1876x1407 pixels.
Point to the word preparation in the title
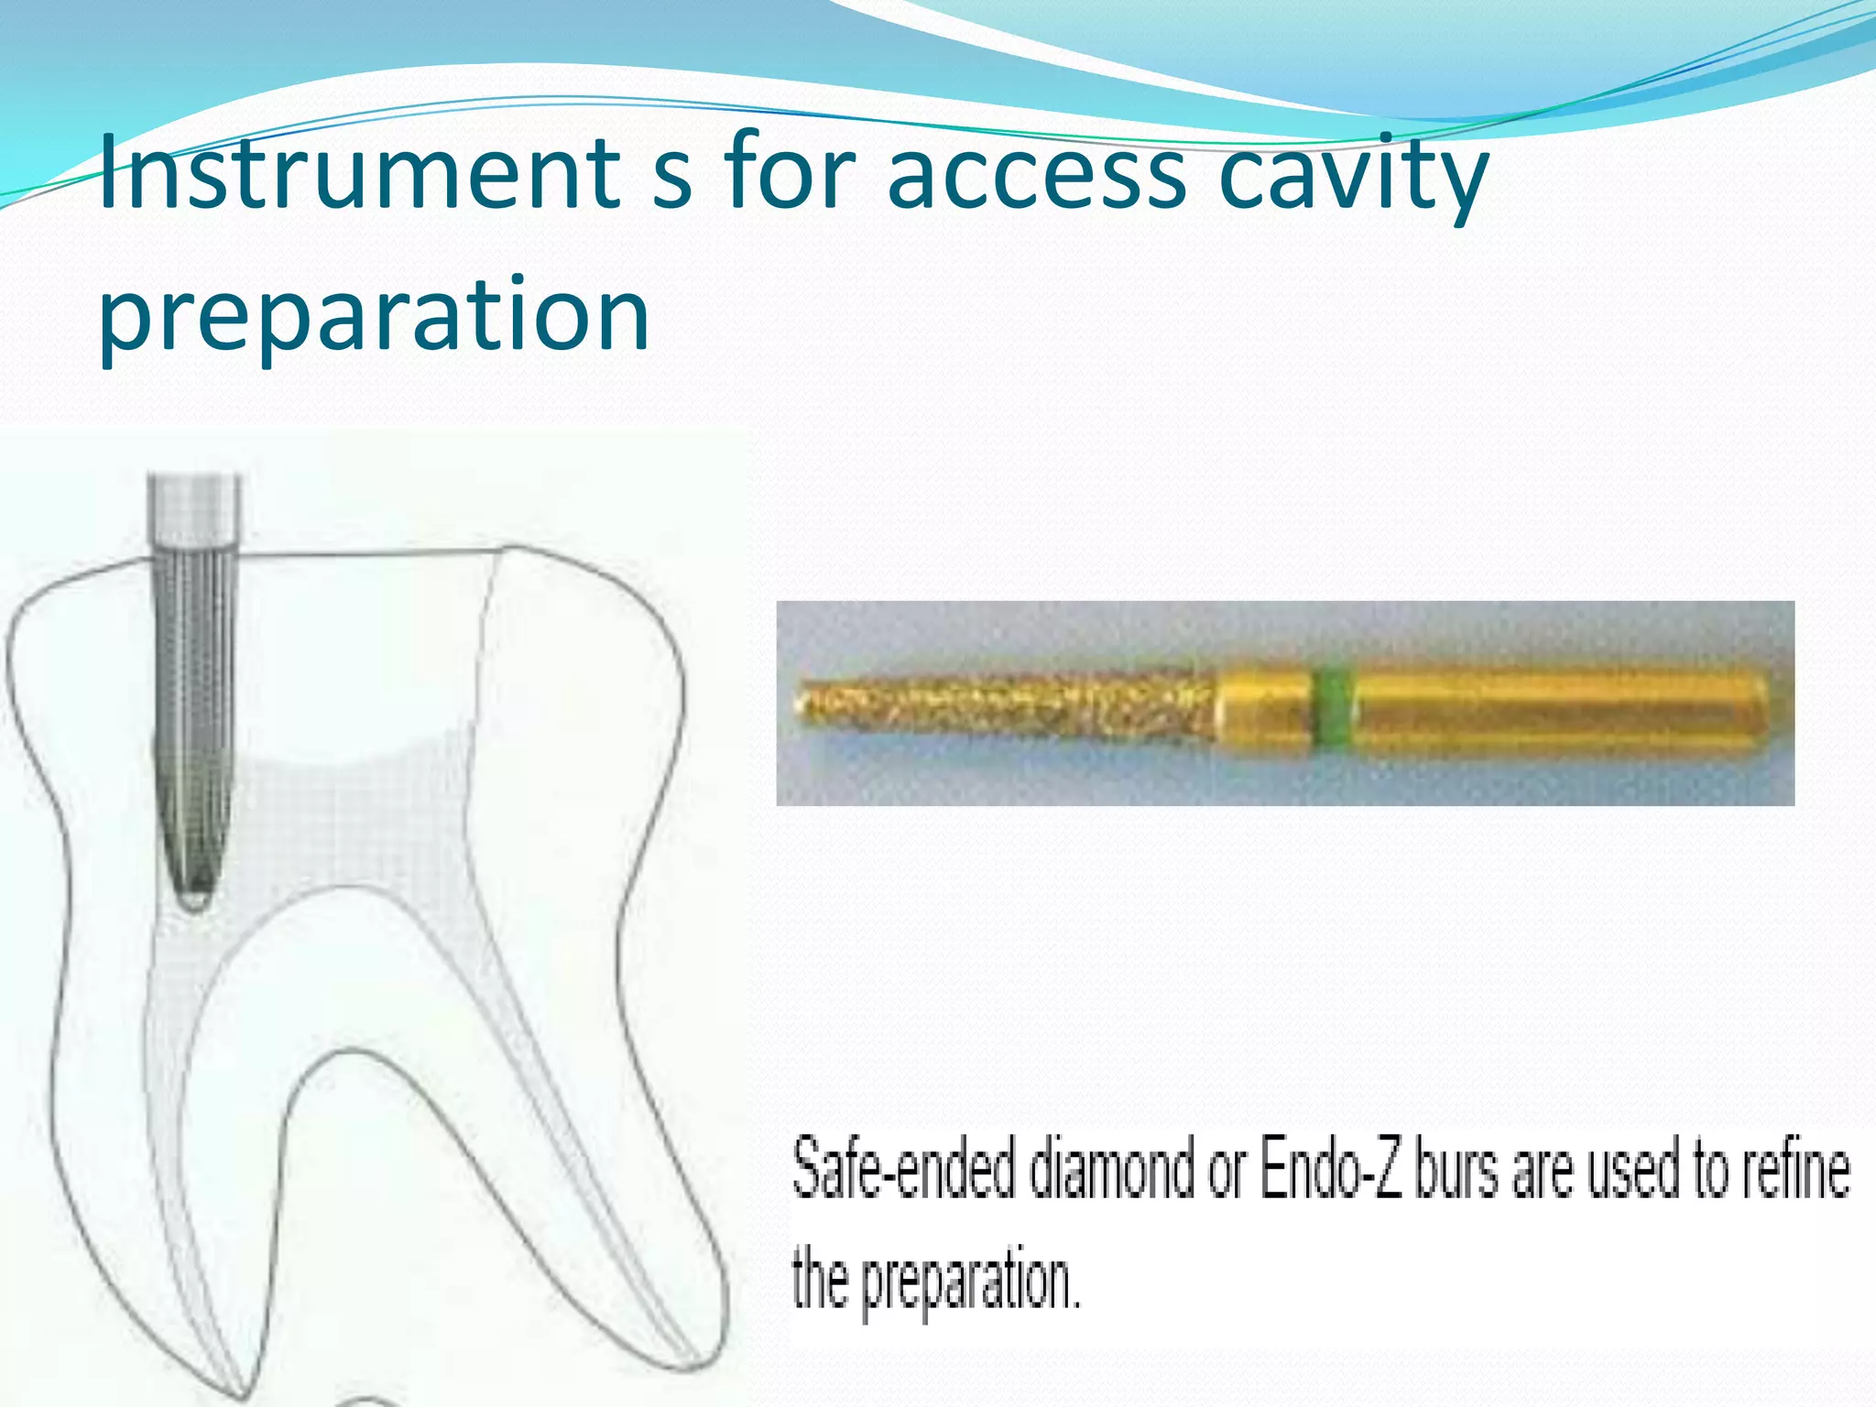374,316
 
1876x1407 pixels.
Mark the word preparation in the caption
971,1282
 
